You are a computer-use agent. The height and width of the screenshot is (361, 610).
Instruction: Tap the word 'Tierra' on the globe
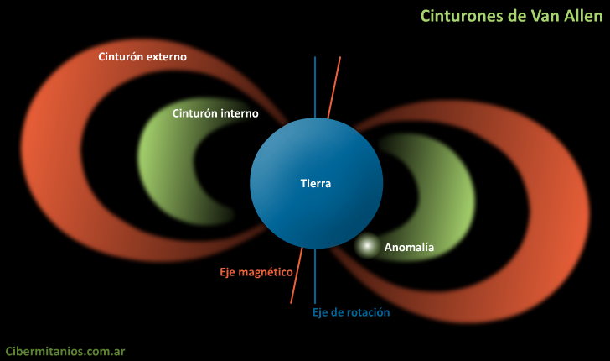[316, 183]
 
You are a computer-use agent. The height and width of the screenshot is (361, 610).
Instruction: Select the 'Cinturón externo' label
[142, 57]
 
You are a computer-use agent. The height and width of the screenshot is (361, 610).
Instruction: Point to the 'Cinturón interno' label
[215, 112]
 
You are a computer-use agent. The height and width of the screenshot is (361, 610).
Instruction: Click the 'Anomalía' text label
[409, 247]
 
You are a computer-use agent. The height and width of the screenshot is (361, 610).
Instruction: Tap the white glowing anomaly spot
[366, 246]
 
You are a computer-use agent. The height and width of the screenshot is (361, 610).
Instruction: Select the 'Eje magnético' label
[251, 272]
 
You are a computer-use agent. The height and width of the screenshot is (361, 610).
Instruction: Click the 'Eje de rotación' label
[351, 312]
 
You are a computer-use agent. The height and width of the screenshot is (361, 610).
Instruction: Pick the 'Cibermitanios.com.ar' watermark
[65, 351]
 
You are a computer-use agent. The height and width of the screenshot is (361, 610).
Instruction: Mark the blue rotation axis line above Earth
[315, 84]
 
